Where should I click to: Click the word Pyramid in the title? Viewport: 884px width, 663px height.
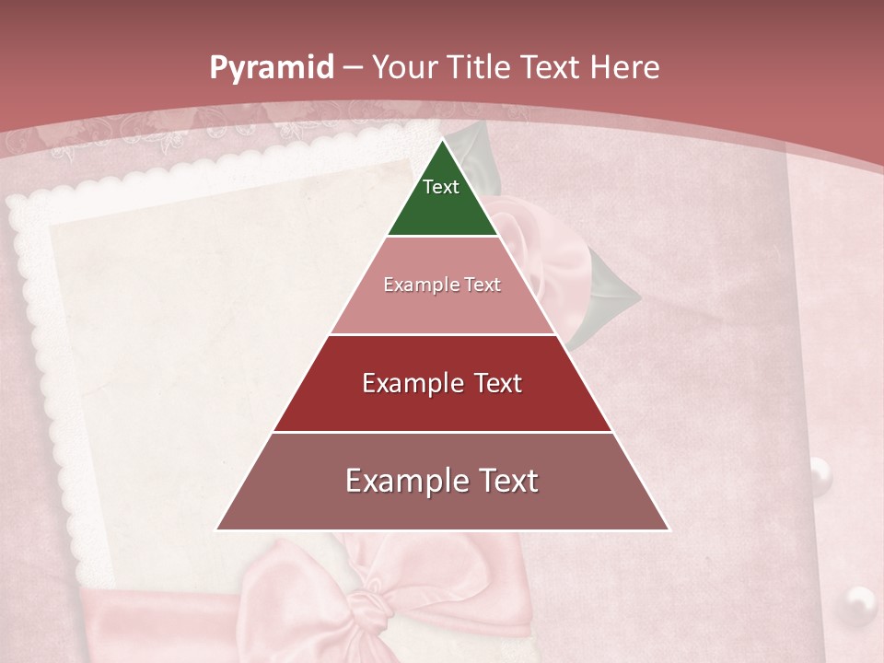(x=271, y=68)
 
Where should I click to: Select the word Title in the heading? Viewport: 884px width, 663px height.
(x=481, y=68)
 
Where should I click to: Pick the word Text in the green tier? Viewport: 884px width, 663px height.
(x=441, y=187)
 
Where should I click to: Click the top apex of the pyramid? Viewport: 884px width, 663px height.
(x=443, y=141)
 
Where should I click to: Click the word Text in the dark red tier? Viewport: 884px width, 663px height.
(x=497, y=383)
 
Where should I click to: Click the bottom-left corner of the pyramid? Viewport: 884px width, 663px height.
(x=217, y=529)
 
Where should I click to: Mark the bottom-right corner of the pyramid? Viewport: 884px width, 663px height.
(x=669, y=529)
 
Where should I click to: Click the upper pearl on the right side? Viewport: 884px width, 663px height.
(x=820, y=475)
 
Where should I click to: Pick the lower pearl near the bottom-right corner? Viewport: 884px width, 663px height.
(x=860, y=604)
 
